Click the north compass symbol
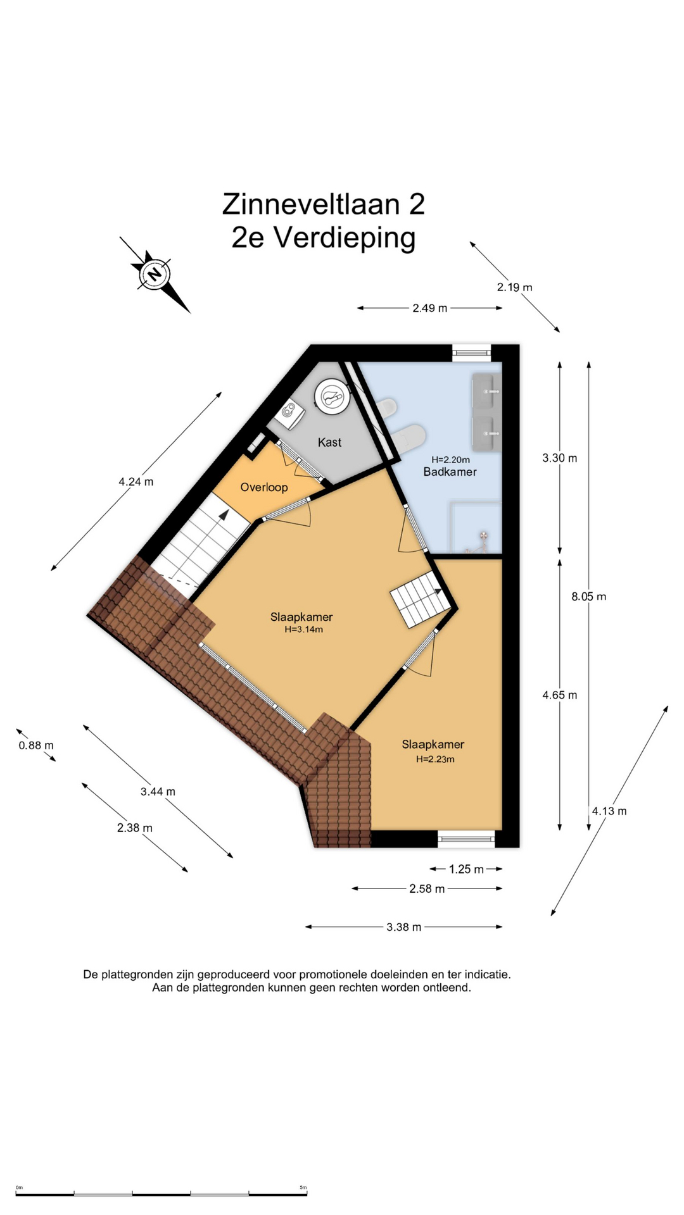(155, 274)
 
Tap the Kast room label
(329, 442)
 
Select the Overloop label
(264, 487)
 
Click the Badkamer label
(450, 472)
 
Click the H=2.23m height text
(435, 759)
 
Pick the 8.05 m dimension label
(588, 596)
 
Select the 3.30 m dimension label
(559, 458)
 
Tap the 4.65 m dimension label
(559, 695)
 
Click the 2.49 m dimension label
(429, 308)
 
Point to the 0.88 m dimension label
(36, 745)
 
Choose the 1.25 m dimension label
(466, 869)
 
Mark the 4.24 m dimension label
(136, 482)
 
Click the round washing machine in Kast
(331, 396)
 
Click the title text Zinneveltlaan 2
(323, 204)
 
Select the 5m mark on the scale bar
(303, 1187)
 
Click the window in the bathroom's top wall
(472, 352)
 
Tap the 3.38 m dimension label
(403, 927)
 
